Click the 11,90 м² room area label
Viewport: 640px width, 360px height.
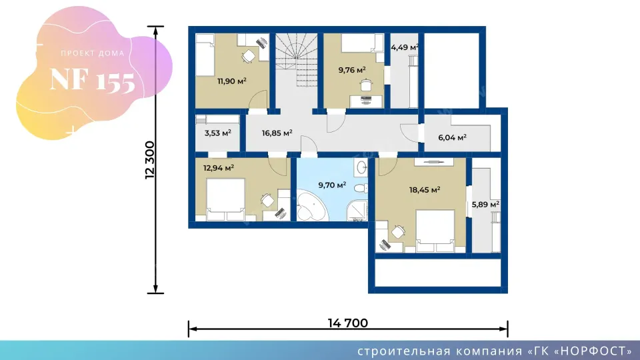tap(232, 81)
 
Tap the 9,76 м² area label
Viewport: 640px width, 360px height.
tap(352, 70)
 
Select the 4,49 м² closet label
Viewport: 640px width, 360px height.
tap(405, 47)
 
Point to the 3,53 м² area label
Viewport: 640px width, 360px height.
tap(217, 133)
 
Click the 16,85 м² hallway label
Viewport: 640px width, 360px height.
tap(277, 133)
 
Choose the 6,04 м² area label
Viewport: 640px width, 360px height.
tap(452, 137)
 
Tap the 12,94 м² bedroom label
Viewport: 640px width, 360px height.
tap(219, 168)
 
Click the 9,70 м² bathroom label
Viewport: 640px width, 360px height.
tap(332, 185)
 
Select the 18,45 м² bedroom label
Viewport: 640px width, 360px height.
tap(425, 190)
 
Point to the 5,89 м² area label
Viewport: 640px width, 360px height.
tap(486, 204)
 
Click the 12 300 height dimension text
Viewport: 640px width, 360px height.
tap(150, 160)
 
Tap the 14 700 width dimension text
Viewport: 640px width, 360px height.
tap(348, 323)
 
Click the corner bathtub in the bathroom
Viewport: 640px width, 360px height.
tap(311, 207)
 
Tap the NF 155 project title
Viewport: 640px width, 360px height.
tap(92, 79)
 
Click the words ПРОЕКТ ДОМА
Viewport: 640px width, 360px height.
tap(93, 53)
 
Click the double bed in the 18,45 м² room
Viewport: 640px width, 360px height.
tap(435, 231)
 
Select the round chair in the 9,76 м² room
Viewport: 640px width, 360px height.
tap(366, 85)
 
